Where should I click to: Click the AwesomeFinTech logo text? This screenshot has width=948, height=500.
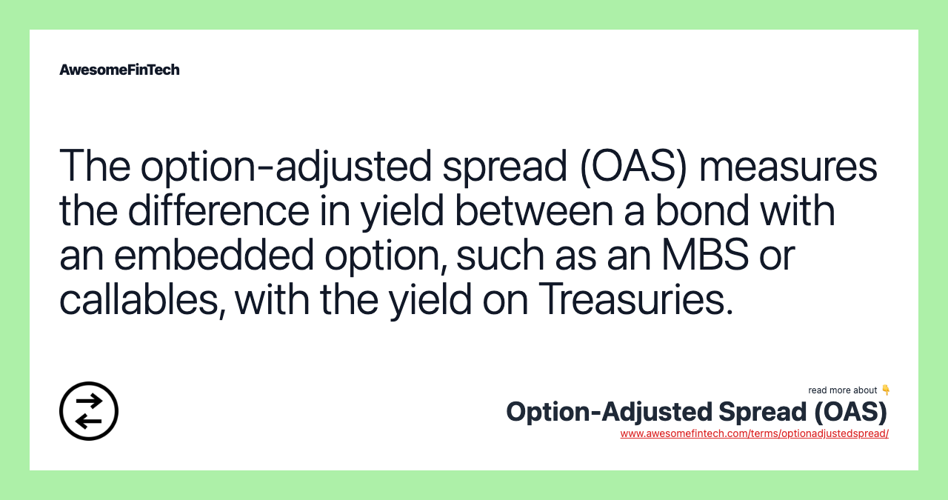[119, 70]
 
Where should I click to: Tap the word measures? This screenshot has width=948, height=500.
[788, 166]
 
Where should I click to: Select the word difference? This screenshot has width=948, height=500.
[218, 211]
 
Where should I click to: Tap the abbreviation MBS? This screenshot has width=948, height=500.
[697, 256]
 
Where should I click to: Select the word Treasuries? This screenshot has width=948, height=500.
[635, 299]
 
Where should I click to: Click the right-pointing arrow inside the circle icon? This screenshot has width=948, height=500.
[90, 401]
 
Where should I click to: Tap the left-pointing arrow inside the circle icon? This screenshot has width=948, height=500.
[88, 421]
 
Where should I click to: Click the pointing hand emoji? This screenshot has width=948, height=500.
[886, 390]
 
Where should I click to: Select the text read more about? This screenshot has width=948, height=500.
[842, 390]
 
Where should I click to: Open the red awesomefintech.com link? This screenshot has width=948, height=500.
[754, 433]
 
